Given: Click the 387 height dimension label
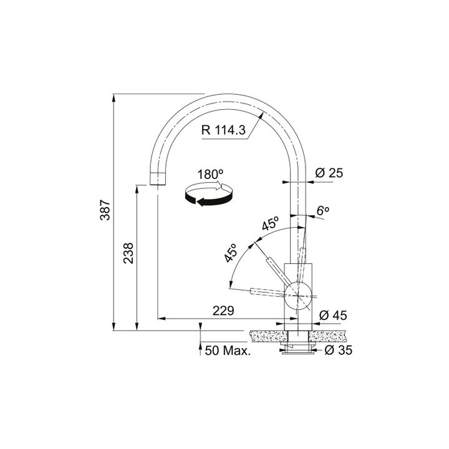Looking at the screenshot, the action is pos(105,210).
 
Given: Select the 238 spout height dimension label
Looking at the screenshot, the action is pos(128,253).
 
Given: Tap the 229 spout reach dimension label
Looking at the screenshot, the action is pos(223,311).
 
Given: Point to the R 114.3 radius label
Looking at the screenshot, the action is pos(223,130).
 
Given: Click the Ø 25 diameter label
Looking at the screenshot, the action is pos(329,173).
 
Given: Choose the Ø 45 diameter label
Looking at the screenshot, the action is pos(333,316).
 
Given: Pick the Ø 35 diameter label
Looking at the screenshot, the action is pos(339,350).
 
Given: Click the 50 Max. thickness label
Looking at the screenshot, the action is pos(228,350).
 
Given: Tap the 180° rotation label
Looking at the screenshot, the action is pos(211,175).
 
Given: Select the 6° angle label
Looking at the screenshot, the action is pos(323,211).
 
